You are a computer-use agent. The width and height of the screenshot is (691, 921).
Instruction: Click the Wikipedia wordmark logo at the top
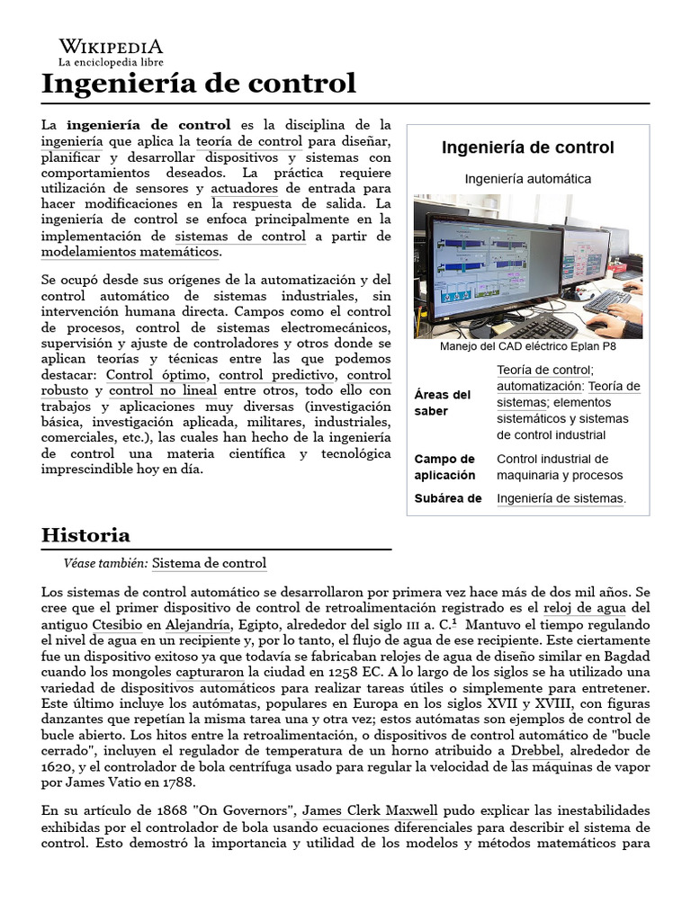point(111,46)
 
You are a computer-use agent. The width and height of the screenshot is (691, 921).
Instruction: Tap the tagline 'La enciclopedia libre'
point(111,63)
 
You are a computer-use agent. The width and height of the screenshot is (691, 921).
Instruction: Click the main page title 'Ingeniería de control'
point(199,85)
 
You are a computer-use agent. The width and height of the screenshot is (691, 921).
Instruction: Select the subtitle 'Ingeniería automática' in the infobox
point(528,178)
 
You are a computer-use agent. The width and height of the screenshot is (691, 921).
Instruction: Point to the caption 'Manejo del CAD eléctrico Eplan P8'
point(528,346)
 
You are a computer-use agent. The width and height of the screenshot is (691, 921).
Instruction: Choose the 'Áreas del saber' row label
point(443,402)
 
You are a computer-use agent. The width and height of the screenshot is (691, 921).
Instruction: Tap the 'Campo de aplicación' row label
point(444,467)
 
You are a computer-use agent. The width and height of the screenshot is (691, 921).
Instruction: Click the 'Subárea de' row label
point(448,497)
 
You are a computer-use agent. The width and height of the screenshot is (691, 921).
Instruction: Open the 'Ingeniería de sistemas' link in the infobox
point(560,498)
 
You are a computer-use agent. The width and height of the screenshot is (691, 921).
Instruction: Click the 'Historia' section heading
point(86,535)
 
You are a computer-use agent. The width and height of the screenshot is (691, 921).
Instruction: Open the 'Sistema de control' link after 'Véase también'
point(209,563)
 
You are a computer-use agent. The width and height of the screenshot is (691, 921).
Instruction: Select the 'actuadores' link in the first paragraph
point(244,188)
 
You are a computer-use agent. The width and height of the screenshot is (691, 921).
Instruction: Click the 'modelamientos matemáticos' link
point(130,252)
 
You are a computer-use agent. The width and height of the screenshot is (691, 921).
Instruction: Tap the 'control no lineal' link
point(163,390)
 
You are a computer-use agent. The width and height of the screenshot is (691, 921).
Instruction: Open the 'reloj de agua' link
point(586,608)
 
